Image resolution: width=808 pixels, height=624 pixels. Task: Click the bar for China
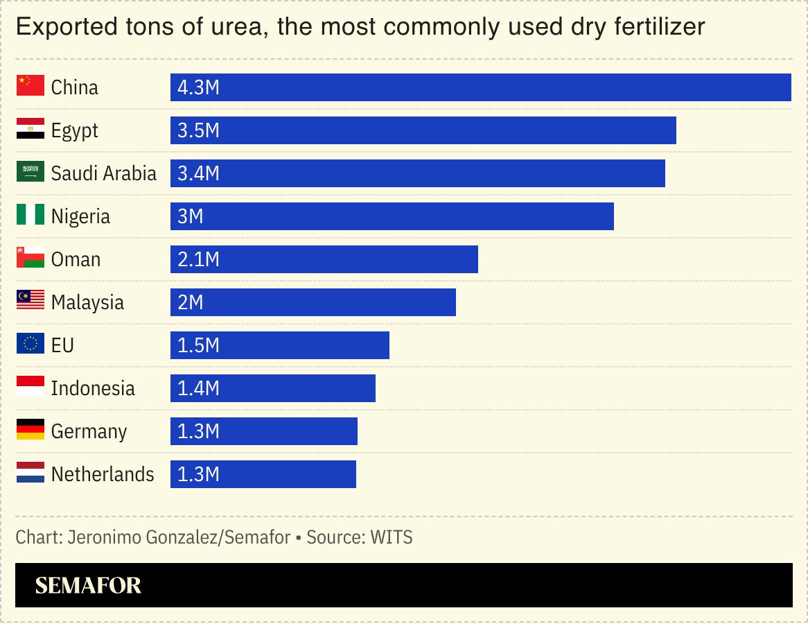coord(480,87)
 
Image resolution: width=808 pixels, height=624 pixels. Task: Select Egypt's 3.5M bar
coord(423,130)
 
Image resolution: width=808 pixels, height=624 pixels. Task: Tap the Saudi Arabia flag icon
coord(30,173)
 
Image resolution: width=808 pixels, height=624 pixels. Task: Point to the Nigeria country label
coord(80,216)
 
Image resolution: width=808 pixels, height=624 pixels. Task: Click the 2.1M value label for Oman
coord(198,259)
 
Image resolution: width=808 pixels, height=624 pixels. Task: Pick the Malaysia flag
coord(30,302)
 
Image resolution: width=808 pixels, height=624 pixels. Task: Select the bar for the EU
coord(279,345)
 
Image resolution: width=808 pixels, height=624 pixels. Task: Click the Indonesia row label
coord(93,388)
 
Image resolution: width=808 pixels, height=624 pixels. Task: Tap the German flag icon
coord(30,431)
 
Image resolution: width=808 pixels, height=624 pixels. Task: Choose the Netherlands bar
coord(263,474)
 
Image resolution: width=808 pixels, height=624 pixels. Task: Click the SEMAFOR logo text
coord(88,586)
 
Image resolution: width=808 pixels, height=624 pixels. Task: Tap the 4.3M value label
coord(198,87)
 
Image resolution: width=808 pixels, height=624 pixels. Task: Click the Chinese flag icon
coord(30,87)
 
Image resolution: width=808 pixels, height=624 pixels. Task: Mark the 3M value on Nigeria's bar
coord(191,216)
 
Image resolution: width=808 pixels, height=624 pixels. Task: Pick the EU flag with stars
coord(30,345)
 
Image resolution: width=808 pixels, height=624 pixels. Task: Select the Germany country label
coord(89,431)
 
